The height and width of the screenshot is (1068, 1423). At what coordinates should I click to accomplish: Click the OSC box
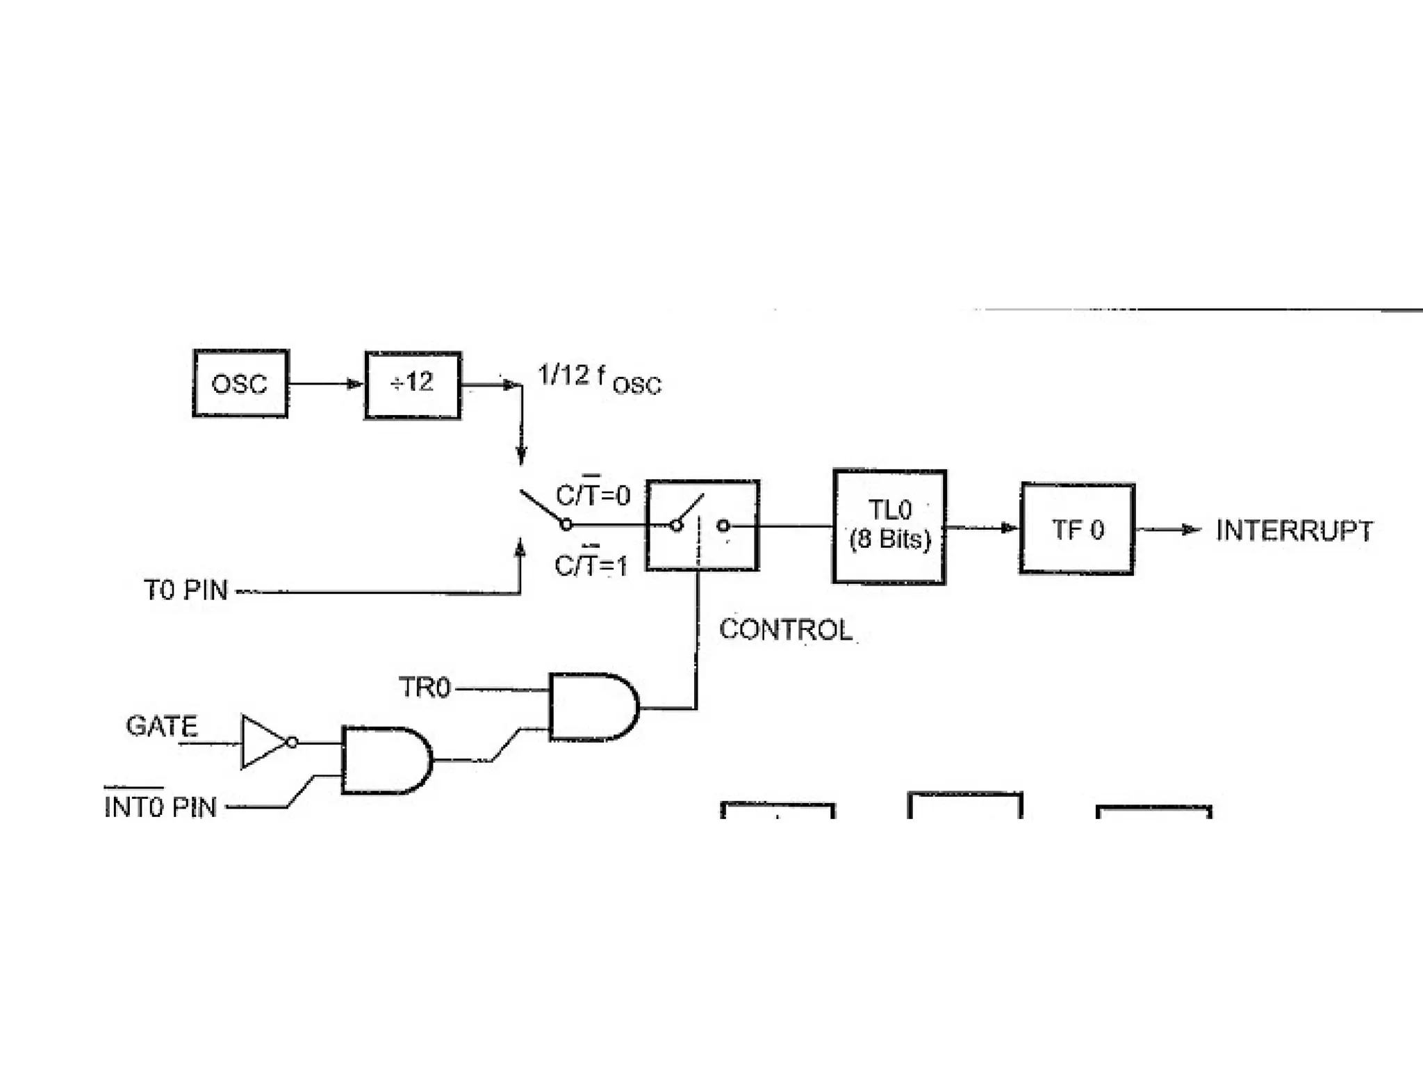point(240,384)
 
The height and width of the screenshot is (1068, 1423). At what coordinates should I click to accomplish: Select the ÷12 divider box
point(413,385)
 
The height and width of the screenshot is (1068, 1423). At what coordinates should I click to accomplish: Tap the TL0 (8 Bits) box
point(889,526)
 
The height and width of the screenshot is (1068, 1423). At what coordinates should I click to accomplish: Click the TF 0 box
point(1077,529)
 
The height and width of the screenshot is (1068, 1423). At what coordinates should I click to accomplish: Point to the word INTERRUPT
point(1294,531)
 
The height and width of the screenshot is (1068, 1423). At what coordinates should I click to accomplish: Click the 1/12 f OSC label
point(599,379)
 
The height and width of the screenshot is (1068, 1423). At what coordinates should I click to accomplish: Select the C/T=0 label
point(593,495)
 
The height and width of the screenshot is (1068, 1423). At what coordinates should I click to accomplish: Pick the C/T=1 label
point(591,565)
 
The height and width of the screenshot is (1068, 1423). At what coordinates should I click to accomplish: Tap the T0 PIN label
point(186,590)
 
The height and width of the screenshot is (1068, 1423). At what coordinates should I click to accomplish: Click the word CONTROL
point(785,630)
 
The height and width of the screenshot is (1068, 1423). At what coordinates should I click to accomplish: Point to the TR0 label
point(425,688)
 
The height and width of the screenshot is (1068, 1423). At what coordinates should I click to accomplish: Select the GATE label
point(162,726)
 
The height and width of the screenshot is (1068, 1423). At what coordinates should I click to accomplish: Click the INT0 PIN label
point(161,807)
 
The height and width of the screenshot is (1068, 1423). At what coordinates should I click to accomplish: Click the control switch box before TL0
point(702,526)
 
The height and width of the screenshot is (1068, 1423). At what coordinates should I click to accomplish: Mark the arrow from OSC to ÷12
point(325,384)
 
